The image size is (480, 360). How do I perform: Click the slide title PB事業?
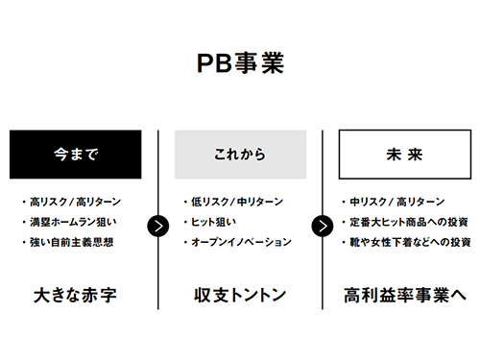240,63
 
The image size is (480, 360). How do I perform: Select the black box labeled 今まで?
76,154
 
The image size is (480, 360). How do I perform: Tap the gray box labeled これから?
240,154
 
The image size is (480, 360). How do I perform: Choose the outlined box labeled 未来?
404,154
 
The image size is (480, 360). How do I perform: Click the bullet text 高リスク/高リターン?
75,203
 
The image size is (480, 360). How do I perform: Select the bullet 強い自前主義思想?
73,242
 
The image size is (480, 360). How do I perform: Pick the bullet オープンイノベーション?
241,242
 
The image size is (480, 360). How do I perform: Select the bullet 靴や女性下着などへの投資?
410,242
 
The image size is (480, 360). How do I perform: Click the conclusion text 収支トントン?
240,294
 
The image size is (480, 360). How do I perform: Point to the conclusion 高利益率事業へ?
404,294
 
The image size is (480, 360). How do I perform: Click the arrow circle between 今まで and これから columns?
158,226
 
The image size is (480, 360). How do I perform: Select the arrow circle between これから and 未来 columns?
323,226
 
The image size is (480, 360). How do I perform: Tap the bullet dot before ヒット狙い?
184,223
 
